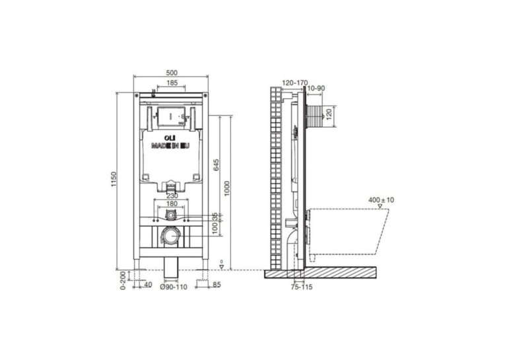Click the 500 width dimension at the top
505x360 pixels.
click(x=172, y=73)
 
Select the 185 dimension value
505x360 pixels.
click(x=172, y=83)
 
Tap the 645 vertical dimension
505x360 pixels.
click(x=216, y=164)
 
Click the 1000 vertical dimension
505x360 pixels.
click(x=227, y=189)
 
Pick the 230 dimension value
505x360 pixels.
click(x=172, y=196)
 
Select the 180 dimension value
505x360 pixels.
click(x=172, y=203)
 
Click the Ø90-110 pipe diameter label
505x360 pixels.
click(x=174, y=287)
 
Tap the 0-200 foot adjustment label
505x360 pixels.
click(x=122, y=280)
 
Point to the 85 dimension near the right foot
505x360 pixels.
click(x=217, y=285)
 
